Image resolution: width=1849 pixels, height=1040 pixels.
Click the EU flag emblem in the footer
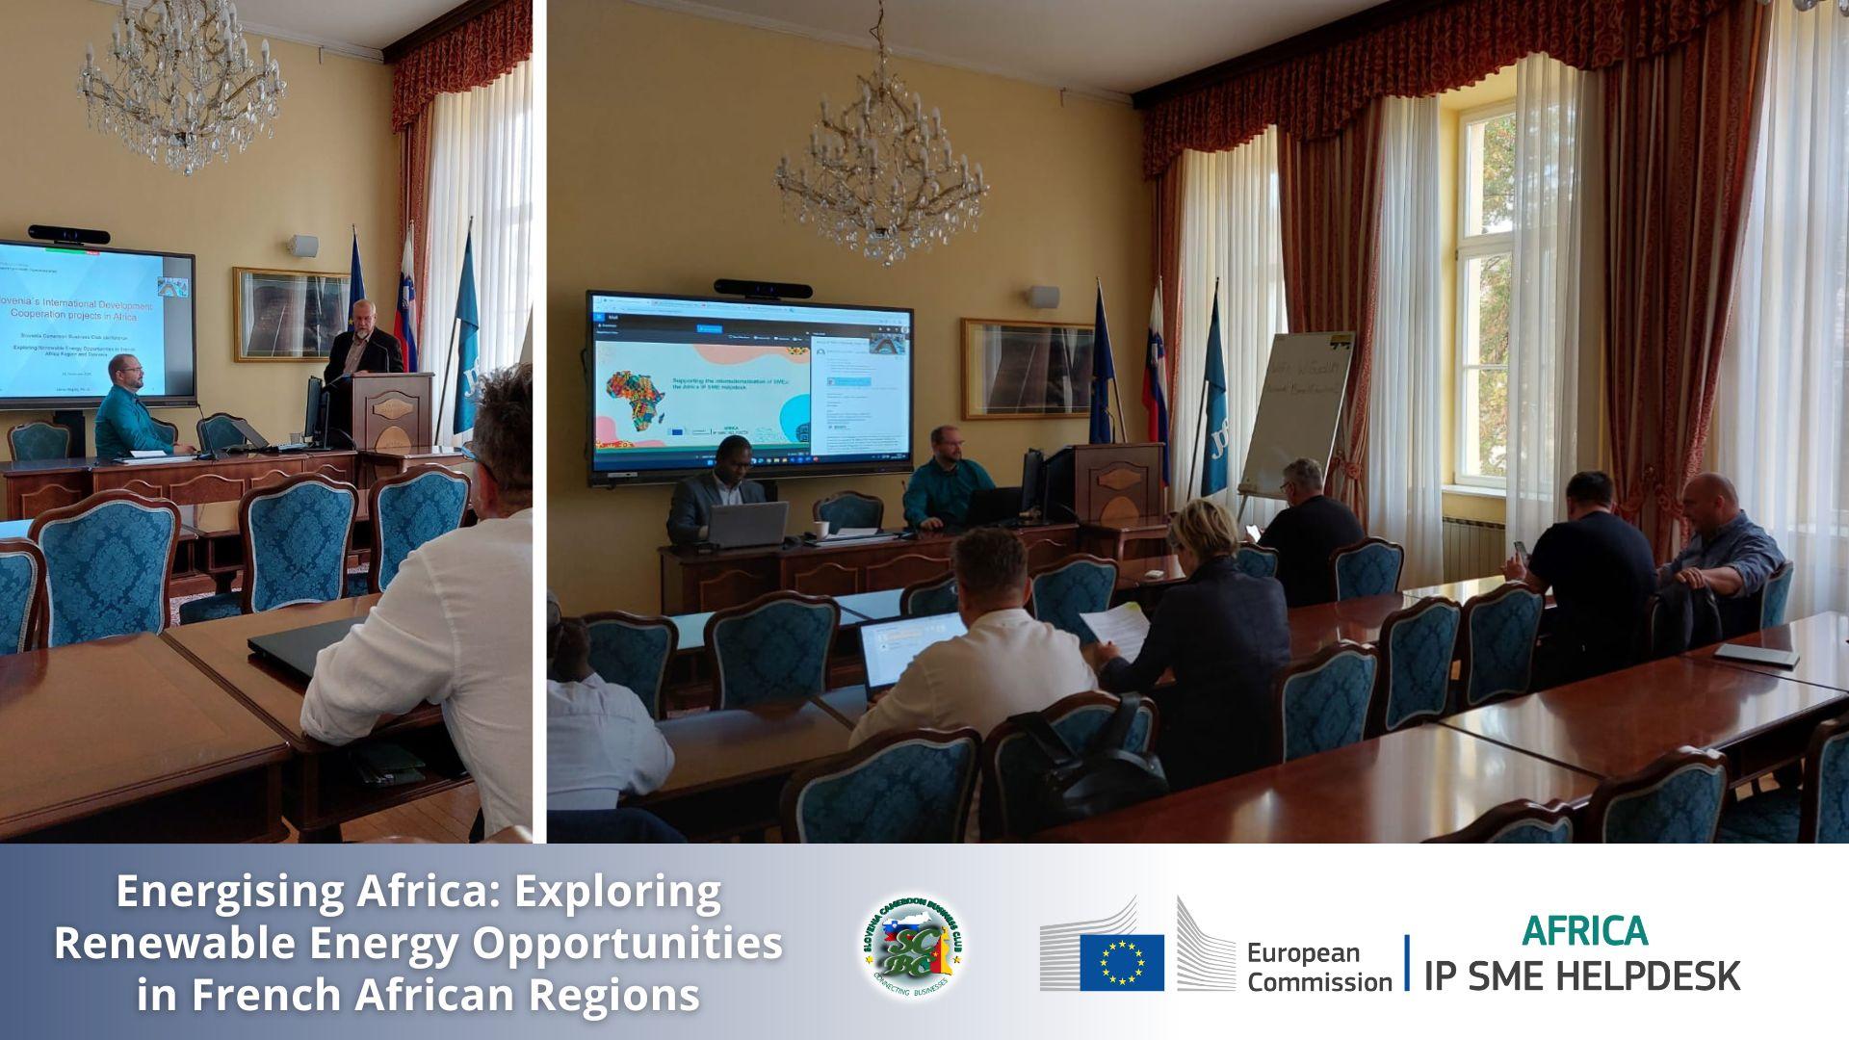click(x=1121, y=962)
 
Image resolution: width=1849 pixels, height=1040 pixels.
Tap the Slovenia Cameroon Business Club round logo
click(x=912, y=946)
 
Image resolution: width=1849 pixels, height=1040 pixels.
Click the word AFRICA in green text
click(x=1584, y=931)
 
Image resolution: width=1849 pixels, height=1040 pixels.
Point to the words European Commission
click(x=1317, y=967)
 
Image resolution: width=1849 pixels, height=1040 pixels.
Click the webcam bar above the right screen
click(x=750, y=288)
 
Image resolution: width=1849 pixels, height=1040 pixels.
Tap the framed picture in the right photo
click(x=1027, y=369)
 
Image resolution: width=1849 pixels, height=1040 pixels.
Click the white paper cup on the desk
click(x=820, y=530)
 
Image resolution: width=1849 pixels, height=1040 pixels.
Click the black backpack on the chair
click(x=1088, y=756)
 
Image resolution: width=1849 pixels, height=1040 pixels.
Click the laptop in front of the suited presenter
click(x=747, y=525)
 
